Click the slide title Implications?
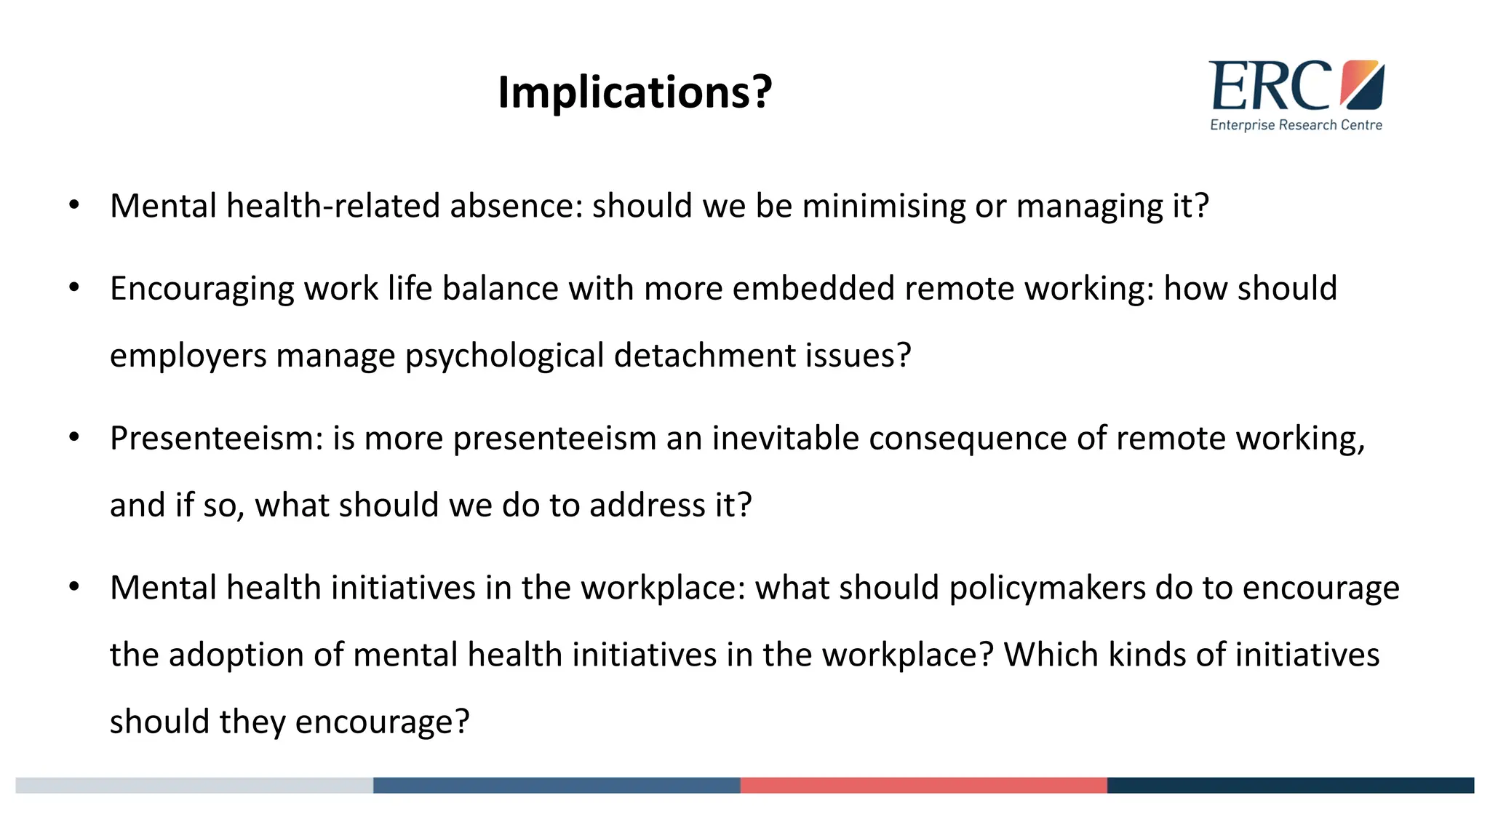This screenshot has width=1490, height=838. pyautogui.click(x=634, y=92)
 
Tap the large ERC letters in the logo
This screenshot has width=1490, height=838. pyautogui.click(x=1270, y=87)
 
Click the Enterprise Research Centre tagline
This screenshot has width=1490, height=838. pyautogui.click(x=1296, y=125)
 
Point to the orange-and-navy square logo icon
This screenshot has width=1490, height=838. pyautogui.click(x=1362, y=84)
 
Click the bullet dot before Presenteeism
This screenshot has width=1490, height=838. pyautogui.click(x=74, y=438)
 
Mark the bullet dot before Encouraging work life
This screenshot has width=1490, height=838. pyautogui.click(x=74, y=288)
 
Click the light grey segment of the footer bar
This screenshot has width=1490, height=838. pyautogui.click(x=194, y=785)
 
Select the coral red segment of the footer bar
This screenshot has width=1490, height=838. pyautogui.click(x=923, y=785)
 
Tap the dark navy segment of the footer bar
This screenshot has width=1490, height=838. pyautogui.click(x=1290, y=785)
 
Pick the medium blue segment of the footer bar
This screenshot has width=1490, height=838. pyautogui.click(x=557, y=785)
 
